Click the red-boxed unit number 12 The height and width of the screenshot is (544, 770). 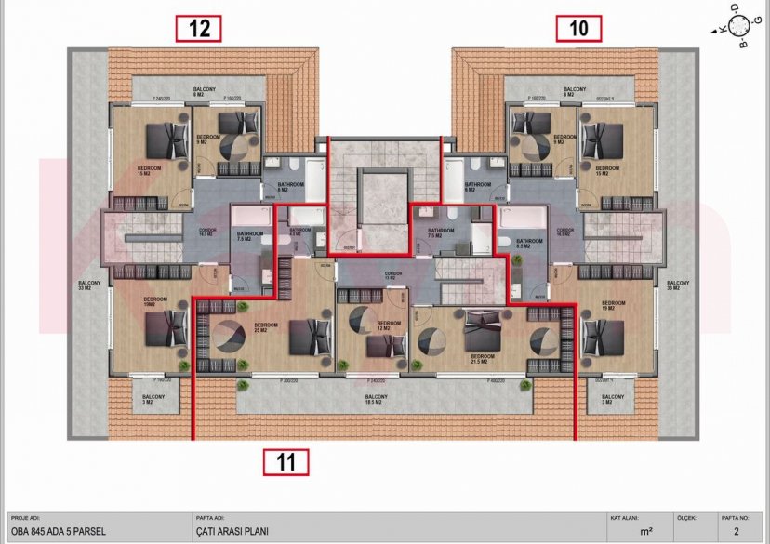pyautogui.click(x=199, y=28)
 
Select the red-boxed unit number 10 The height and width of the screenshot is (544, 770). pyautogui.click(x=578, y=28)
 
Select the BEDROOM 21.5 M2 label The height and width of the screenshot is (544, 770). pyautogui.click(x=482, y=357)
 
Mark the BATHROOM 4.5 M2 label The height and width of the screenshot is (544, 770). pyautogui.click(x=300, y=232)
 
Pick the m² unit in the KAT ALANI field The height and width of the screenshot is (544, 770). pyautogui.click(x=645, y=532)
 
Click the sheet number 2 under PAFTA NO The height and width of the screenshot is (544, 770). pyautogui.click(x=737, y=532)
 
